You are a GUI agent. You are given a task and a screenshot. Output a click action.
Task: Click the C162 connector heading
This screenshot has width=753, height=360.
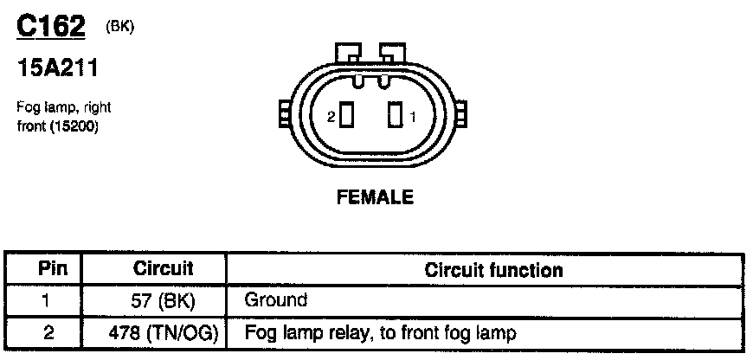point(51,27)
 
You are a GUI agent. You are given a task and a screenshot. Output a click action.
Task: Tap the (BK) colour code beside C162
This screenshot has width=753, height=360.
point(120,27)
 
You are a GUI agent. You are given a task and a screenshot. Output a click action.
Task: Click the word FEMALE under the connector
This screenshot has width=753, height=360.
point(374,197)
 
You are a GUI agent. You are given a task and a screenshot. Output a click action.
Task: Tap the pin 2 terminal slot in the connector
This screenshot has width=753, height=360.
point(346,115)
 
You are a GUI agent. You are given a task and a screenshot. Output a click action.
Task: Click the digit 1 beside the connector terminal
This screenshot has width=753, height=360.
point(413,116)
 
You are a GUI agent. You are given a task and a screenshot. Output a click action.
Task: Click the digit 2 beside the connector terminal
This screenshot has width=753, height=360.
point(331,116)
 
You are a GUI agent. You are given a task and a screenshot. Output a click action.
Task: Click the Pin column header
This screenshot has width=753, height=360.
point(42,269)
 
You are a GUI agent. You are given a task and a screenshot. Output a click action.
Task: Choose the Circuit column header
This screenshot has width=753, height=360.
point(163,269)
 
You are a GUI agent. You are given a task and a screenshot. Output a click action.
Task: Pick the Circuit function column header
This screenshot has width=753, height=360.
point(493,270)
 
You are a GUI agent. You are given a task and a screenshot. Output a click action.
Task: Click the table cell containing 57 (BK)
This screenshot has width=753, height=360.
point(164,301)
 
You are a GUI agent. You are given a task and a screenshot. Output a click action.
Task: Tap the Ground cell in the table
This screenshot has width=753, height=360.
point(275,301)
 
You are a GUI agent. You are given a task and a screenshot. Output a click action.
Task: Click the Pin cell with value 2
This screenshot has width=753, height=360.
point(42,332)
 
